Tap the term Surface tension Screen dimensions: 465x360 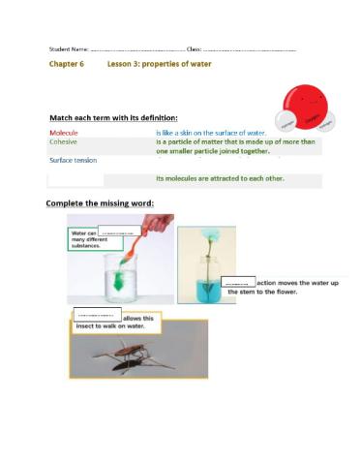tap(73, 160)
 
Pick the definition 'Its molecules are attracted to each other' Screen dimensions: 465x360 tap(220, 178)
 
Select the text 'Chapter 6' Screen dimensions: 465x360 tap(67, 64)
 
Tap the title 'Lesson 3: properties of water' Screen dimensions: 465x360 tap(159, 64)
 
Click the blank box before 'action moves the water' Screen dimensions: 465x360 tap(238, 282)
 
